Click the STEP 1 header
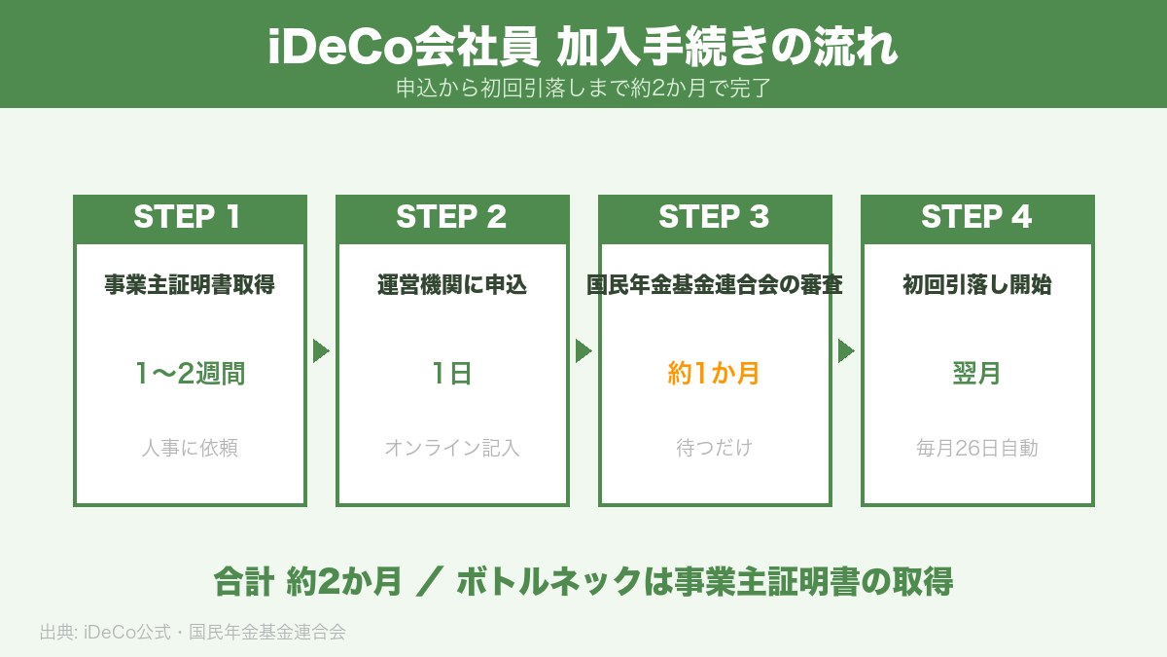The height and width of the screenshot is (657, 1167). [190, 217]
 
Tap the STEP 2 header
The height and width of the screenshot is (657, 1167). [452, 217]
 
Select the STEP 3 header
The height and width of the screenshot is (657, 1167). [715, 217]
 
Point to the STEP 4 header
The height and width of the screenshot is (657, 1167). [977, 217]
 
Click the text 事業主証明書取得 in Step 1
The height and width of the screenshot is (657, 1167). [190, 285]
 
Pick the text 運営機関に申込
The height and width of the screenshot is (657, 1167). [452, 285]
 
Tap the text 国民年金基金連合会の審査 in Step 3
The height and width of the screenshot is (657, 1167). [715, 285]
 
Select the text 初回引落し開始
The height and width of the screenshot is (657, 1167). [977, 285]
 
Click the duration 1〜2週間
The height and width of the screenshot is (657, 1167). [190, 373]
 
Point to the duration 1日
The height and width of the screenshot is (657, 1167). [452, 373]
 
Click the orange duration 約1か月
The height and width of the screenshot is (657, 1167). [715, 373]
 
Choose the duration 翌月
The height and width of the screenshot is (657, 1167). [977, 373]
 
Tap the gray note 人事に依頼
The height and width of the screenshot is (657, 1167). [190, 448]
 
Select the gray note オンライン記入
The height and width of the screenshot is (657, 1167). [452, 448]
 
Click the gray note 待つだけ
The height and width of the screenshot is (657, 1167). [715, 448]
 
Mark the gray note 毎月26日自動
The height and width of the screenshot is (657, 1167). [977, 448]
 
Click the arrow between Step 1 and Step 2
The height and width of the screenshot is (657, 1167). [321, 350]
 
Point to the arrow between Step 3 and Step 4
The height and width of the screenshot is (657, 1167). [846, 350]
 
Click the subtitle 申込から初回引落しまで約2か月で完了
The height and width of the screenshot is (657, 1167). [583, 88]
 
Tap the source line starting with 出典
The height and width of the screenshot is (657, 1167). [193, 632]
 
